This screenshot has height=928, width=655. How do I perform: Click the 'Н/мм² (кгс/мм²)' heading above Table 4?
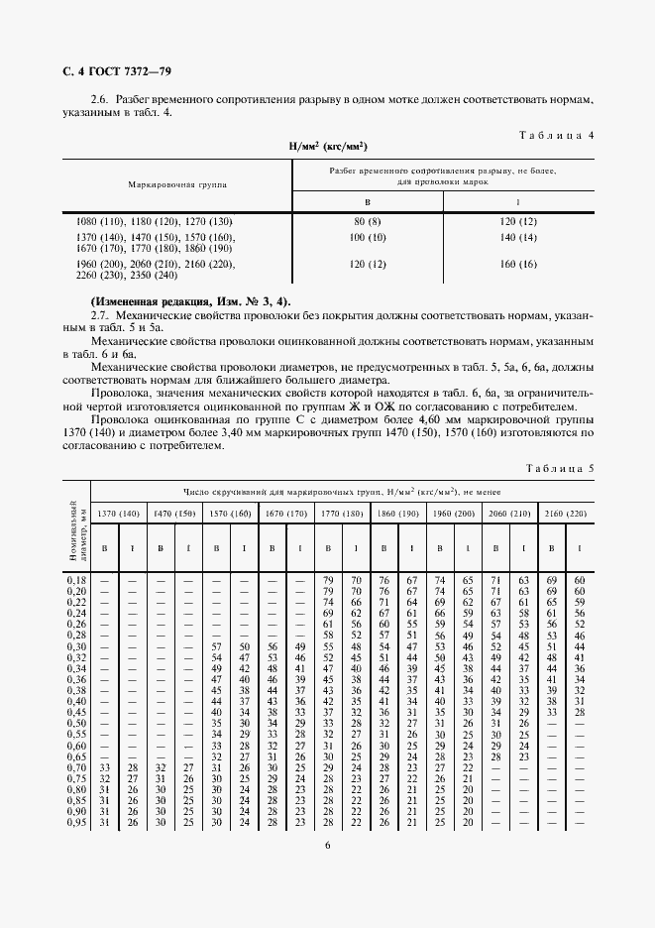pos(328,147)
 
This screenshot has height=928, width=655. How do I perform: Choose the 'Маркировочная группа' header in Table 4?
pos(177,184)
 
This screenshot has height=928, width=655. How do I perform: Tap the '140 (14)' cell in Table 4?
pos(518,238)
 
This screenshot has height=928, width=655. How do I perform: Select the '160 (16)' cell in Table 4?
pos(518,265)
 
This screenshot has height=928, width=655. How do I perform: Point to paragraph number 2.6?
pos(98,101)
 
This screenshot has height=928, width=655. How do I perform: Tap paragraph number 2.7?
pos(98,313)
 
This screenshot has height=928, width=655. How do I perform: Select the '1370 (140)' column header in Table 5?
pos(118,514)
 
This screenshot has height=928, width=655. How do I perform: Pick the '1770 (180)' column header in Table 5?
pos(342,514)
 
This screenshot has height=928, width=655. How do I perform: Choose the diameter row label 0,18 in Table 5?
pos(75,578)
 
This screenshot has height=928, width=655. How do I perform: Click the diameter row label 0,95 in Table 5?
pos(75,823)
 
